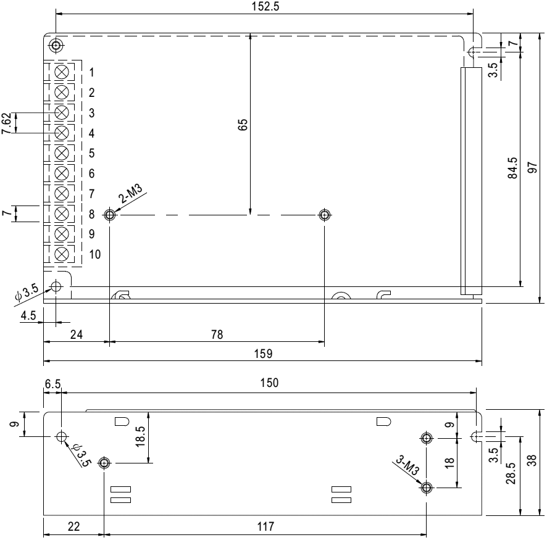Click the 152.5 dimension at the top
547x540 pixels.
pos(265,7)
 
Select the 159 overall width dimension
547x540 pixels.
pos(263,354)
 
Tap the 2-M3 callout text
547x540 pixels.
pos(130,194)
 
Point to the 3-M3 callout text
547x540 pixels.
pos(407,466)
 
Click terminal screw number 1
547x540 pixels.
pos(62,72)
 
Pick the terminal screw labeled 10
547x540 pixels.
pos(62,254)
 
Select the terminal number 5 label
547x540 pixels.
pos(92,153)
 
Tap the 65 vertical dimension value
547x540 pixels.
pos(243,125)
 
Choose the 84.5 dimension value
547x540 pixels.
pos(512,168)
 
